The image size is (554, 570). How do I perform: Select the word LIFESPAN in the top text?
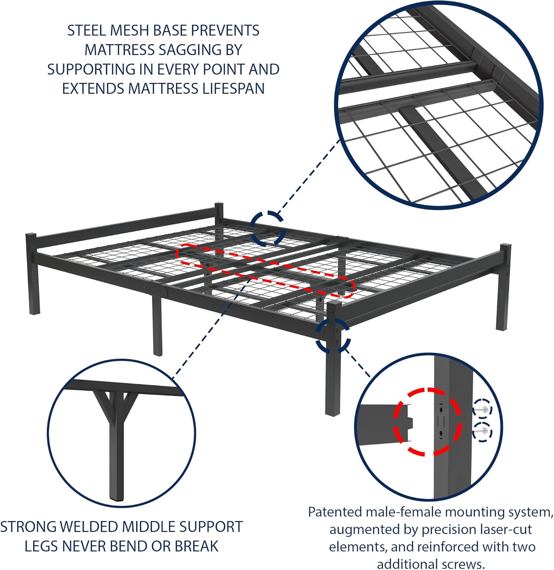[233, 89]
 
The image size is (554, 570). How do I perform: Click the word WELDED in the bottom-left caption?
[88, 527]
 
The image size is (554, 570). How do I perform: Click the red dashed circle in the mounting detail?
[428, 422]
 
